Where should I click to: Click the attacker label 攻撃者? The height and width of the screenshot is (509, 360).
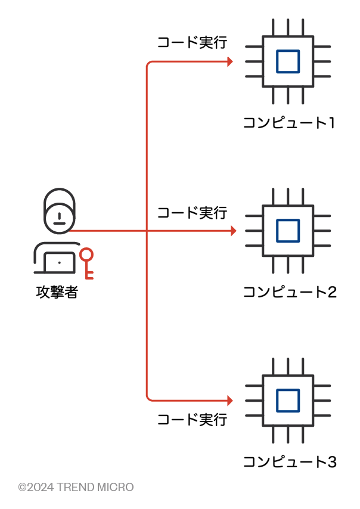click(57, 293)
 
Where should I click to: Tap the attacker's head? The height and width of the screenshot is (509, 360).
click(58, 210)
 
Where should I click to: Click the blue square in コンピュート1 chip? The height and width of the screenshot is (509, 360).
click(288, 61)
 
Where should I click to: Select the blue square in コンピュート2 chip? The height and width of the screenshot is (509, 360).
click(288, 231)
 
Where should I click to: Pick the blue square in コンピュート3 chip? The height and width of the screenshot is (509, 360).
click(288, 400)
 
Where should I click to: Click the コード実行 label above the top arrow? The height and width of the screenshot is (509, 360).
click(192, 43)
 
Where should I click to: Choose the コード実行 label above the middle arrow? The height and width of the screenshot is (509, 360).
click(192, 213)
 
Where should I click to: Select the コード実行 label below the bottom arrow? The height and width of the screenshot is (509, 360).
click(192, 420)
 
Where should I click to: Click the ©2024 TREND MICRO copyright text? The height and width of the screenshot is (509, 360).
click(76, 488)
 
